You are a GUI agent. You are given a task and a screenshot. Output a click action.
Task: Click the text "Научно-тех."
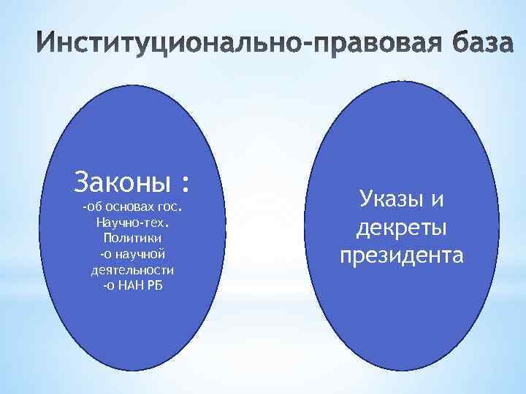131,223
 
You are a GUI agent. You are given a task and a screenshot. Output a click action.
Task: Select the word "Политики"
131,238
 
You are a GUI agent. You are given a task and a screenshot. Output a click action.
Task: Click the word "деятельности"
131,269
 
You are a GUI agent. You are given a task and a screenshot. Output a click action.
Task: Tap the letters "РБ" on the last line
155,285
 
